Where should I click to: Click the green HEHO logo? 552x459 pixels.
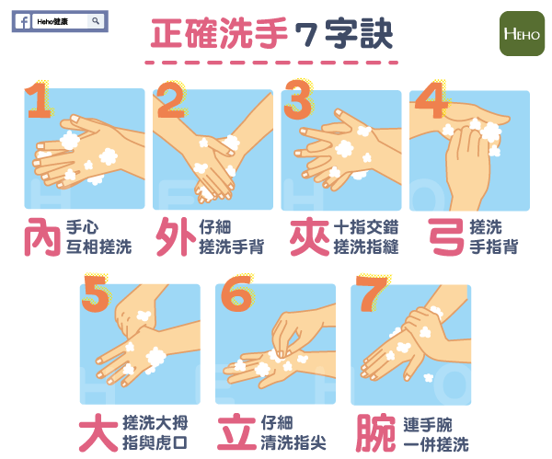click(x=522, y=34)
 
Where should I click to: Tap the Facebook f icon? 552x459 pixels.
click(x=24, y=22)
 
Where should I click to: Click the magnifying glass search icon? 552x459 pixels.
click(x=96, y=21)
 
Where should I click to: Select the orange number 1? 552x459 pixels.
click(x=39, y=100)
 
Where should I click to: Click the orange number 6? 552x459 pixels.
click(x=236, y=294)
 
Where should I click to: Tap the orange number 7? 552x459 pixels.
click(x=372, y=294)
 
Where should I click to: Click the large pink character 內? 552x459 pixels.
click(x=42, y=236)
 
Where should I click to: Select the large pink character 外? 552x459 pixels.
click(x=176, y=236)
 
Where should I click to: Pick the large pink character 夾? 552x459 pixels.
click(x=309, y=236)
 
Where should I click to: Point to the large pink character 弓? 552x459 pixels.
click(x=446, y=236)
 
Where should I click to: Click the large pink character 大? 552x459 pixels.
click(x=98, y=432)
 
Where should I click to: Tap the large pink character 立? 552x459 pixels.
click(x=236, y=432)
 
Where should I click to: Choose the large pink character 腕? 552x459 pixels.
click(x=375, y=433)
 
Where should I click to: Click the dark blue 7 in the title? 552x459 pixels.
click(x=305, y=35)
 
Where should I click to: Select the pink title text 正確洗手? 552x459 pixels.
click(x=219, y=33)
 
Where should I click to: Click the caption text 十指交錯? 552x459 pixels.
click(x=366, y=227)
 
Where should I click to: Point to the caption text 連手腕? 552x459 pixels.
click(x=428, y=424)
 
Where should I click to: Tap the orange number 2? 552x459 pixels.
click(x=171, y=100)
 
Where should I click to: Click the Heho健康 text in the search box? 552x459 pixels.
click(x=52, y=21)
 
